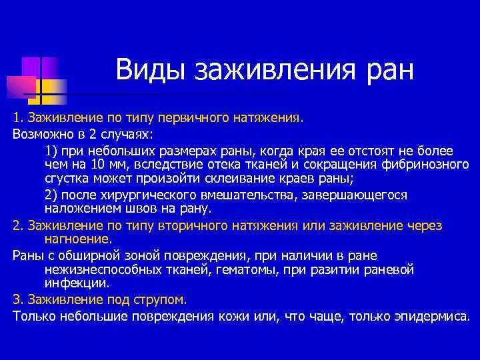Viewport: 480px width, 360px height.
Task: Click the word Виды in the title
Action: [151, 70]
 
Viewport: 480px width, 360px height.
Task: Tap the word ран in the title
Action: [389, 70]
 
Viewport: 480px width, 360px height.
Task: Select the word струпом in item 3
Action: [161, 299]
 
